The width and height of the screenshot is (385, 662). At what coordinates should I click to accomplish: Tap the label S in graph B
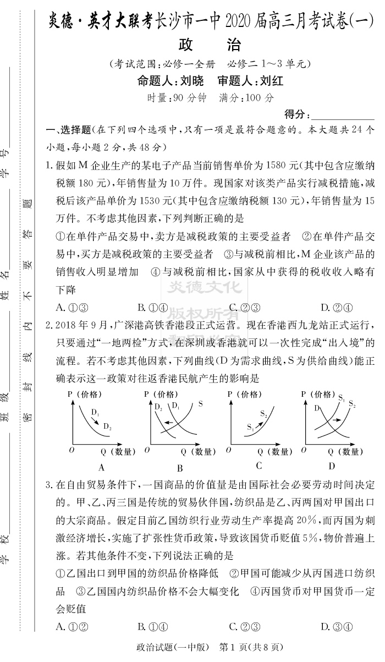200,404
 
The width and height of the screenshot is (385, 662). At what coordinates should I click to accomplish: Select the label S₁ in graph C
250,426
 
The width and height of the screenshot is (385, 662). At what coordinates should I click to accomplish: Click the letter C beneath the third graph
258,466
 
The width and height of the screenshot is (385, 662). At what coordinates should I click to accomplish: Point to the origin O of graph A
71,450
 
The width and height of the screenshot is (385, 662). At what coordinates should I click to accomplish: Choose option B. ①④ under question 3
152,626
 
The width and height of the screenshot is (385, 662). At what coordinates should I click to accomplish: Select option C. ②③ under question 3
244,626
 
